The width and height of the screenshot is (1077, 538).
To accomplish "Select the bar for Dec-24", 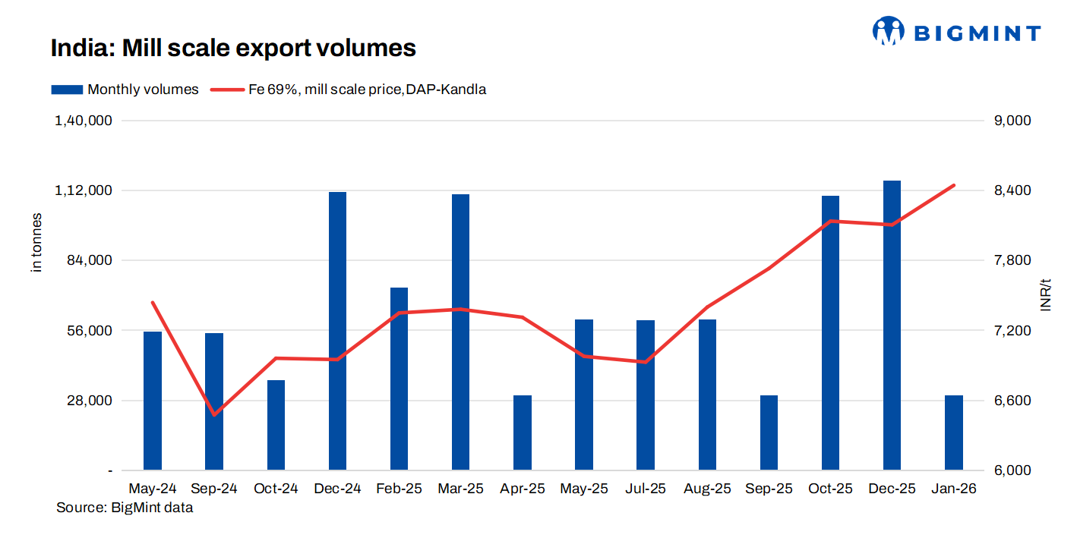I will click(x=337, y=331).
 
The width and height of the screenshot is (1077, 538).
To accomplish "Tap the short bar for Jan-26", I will click(x=953, y=433).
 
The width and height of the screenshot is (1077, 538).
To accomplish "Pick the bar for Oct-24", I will click(x=276, y=425).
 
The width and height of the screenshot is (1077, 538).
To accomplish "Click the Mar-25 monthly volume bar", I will click(x=460, y=332).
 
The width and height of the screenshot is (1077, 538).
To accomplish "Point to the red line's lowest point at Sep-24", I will click(x=214, y=415).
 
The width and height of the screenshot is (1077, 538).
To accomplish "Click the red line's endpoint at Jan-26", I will click(x=953, y=185).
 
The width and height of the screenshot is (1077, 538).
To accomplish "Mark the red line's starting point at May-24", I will click(x=153, y=302).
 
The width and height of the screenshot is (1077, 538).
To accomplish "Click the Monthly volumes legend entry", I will click(x=125, y=90).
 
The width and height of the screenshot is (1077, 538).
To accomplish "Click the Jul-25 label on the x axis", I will click(x=645, y=489).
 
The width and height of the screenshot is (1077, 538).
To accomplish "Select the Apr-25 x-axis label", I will click(x=522, y=489).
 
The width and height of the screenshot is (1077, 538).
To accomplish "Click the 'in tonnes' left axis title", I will click(x=36, y=243).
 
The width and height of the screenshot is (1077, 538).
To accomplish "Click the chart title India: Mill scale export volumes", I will click(x=233, y=48).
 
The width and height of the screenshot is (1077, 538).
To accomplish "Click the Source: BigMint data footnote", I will click(x=125, y=508).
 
